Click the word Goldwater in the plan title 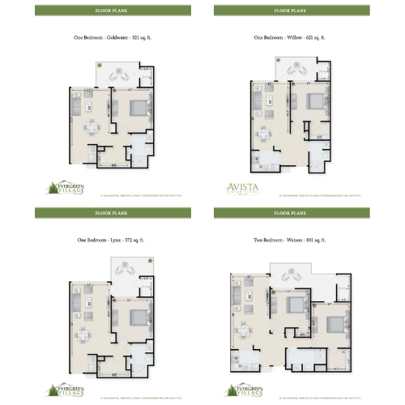click(111, 38)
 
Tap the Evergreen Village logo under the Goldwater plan click(62, 187)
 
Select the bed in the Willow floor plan click(317, 102)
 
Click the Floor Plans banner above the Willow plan click(292, 11)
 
